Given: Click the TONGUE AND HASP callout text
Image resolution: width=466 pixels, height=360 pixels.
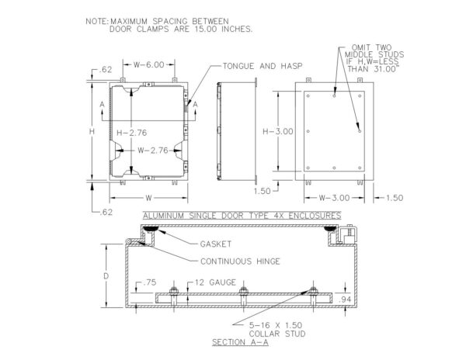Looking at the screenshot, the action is (x=263, y=66).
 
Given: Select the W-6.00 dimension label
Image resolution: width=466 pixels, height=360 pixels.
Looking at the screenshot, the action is (x=148, y=64).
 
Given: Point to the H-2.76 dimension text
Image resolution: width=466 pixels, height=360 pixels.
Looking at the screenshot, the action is (x=132, y=133).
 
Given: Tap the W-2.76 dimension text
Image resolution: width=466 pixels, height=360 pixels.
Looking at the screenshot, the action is (x=153, y=151).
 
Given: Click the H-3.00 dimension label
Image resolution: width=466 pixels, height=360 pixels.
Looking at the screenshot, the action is (x=278, y=131).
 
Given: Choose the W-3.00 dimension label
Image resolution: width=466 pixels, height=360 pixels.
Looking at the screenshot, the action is (x=334, y=198).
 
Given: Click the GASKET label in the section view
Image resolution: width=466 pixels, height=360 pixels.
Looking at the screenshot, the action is (x=216, y=244).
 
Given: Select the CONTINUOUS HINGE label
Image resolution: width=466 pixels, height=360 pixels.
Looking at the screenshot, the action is (x=240, y=261).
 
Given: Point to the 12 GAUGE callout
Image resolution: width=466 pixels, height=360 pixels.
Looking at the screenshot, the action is (x=215, y=282).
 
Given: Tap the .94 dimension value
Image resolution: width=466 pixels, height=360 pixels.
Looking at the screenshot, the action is (x=345, y=299).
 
